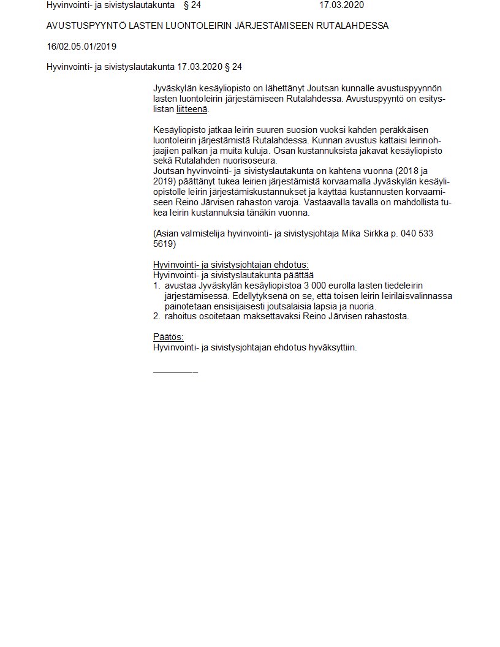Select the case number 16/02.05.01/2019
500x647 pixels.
coord(81,47)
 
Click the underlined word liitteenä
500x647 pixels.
coord(192,109)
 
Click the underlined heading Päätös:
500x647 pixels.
coord(168,337)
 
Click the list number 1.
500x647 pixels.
coord(156,286)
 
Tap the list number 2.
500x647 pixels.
coord(156,316)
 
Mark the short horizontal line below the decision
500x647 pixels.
coord(175,372)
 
